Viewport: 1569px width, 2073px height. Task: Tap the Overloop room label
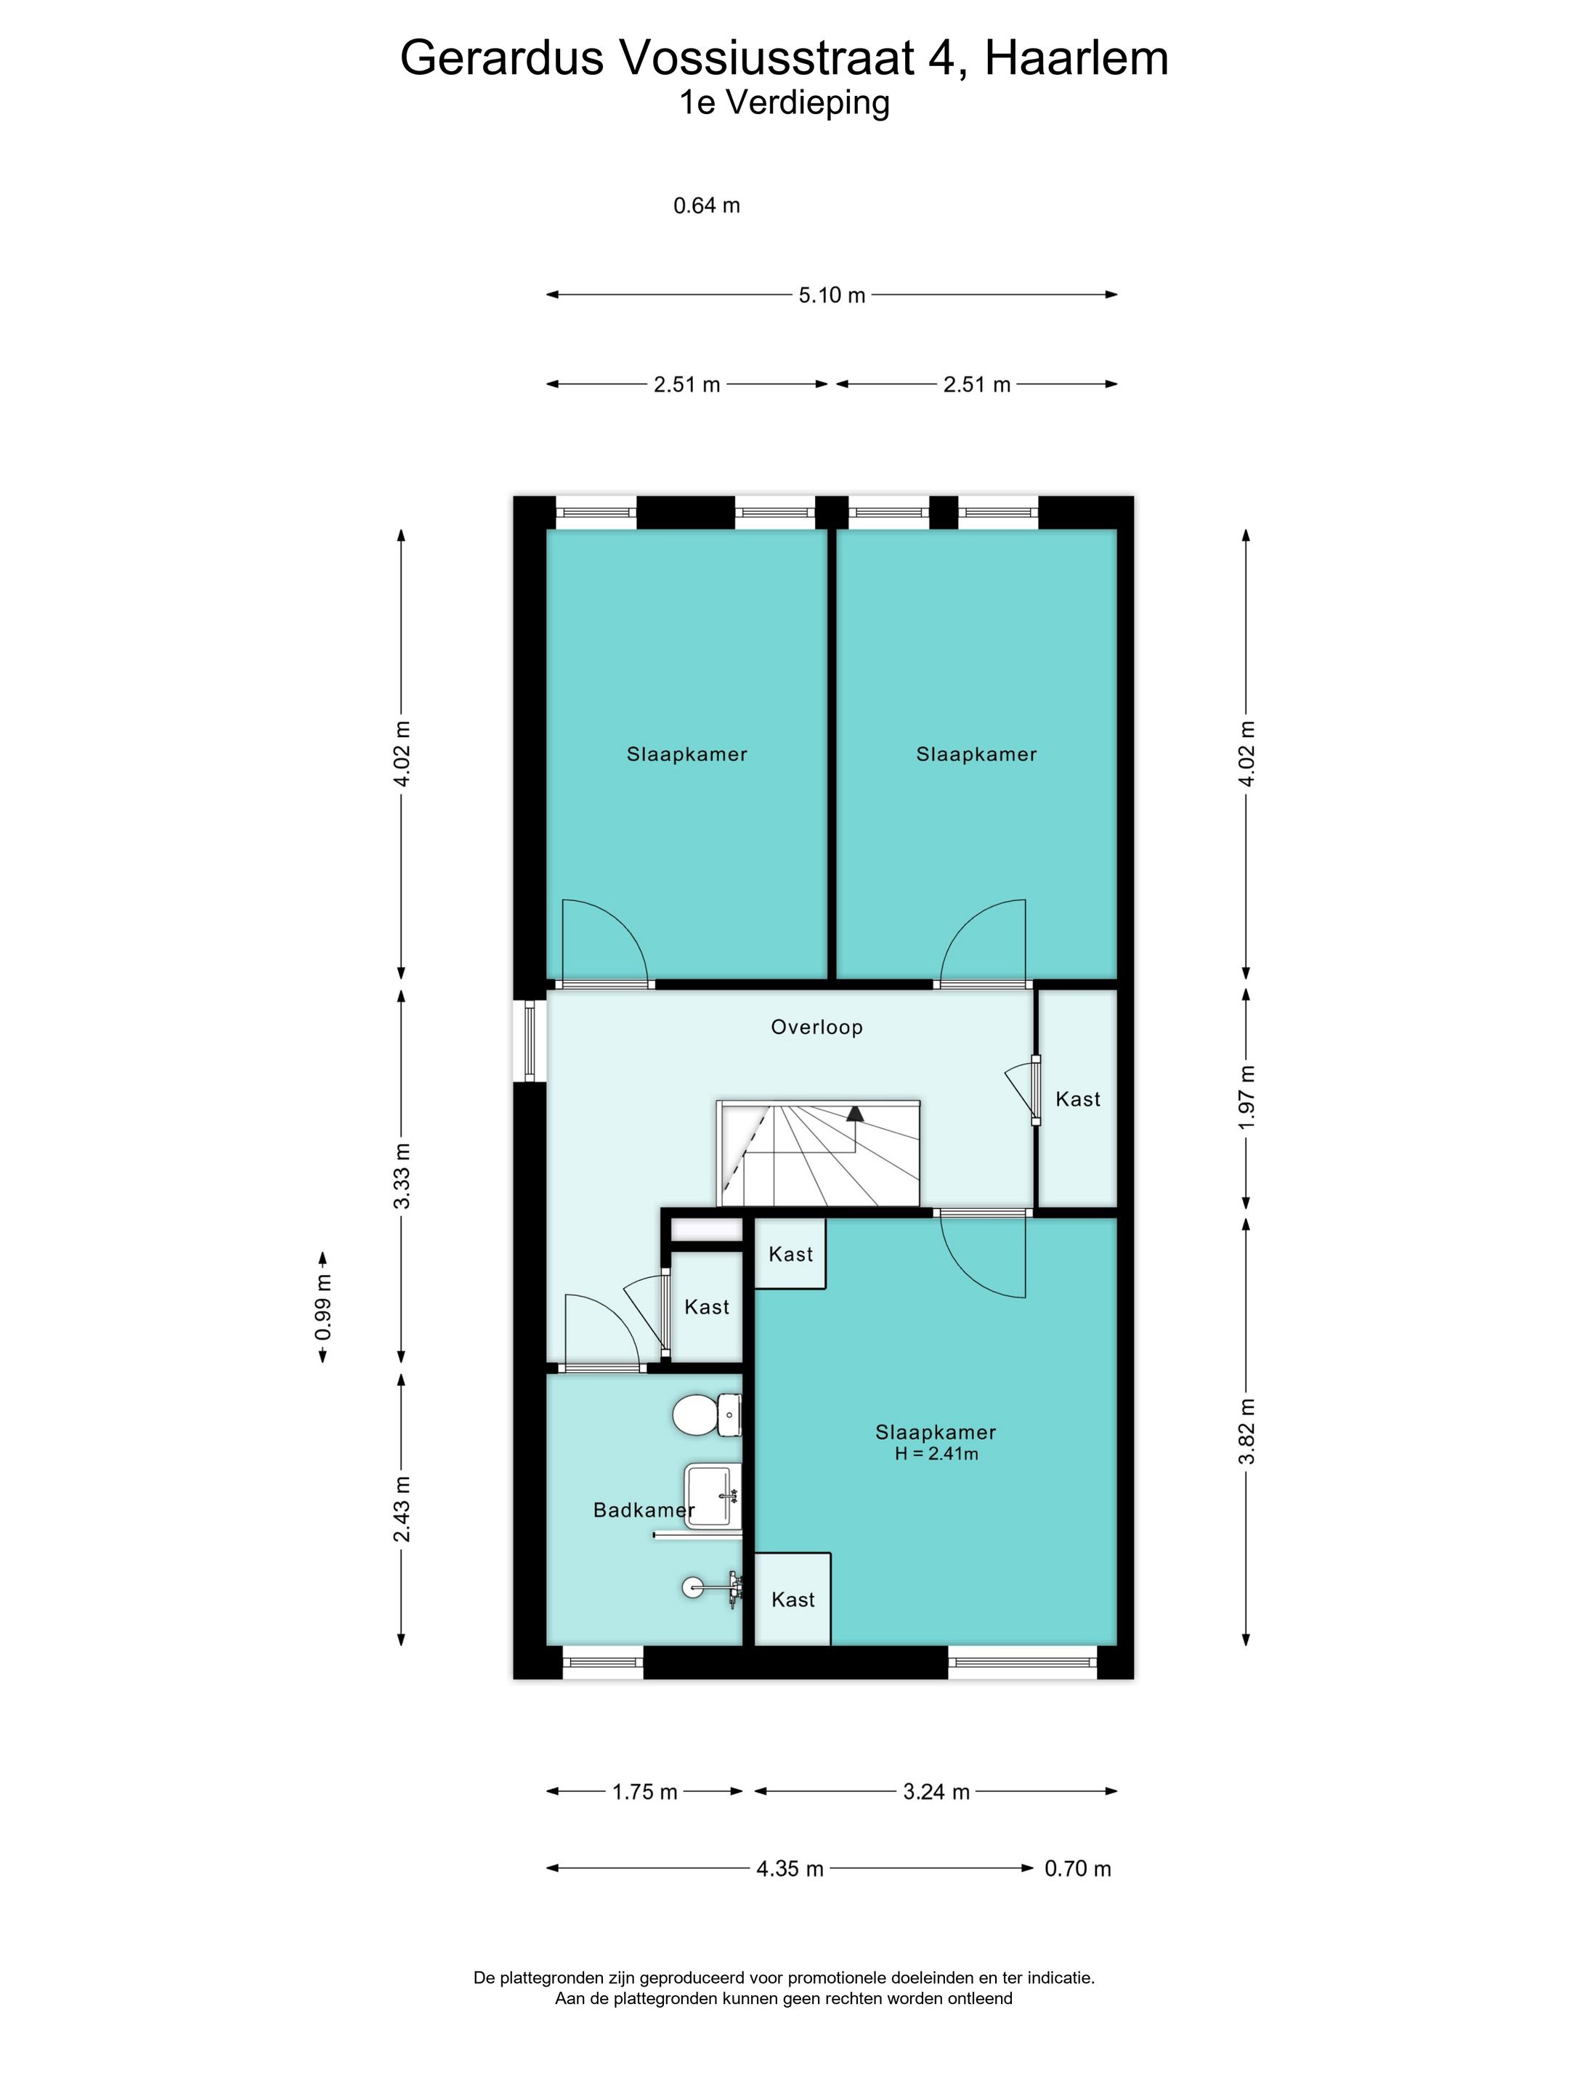[x=816, y=1027]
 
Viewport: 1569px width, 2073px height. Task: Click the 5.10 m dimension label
[x=832, y=296]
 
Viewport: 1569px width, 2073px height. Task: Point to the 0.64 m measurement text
[x=707, y=205]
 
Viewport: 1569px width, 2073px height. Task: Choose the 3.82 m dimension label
[x=1246, y=1431]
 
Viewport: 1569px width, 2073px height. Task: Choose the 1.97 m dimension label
[x=1246, y=1096]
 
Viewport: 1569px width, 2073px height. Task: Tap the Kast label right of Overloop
[x=1078, y=1099]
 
